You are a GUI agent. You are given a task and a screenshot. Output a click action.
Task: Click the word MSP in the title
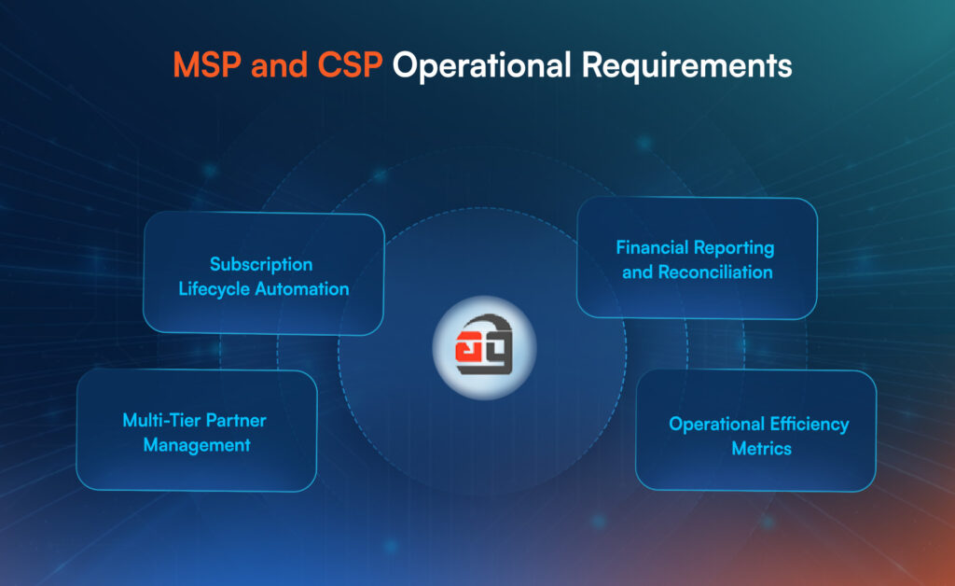pos(207,64)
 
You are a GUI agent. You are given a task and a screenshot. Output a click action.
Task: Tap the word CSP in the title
pos(350,64)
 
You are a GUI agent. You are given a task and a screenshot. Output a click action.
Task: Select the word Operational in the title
pos(482,66)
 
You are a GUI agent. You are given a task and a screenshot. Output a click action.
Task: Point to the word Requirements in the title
pos(687,66)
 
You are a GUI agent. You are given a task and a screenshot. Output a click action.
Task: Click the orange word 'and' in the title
pos(279,64)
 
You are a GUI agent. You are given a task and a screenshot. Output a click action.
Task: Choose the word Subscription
pos(261,264)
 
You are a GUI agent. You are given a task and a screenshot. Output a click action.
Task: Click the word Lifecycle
pos(214,289)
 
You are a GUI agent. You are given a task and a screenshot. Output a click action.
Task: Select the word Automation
pos(302,288)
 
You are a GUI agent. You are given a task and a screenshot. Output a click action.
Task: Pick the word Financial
pos(652,247)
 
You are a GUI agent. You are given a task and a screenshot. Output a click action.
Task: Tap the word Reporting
pos(734,248)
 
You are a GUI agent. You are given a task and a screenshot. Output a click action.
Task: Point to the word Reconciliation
pos(715,272)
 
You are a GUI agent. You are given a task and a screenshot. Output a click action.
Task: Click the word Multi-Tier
pos(160,420)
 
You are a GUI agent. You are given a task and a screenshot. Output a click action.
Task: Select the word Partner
pos(236,420)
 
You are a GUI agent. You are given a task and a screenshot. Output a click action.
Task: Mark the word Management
pos(197,445)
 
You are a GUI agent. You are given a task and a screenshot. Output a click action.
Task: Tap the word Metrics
pos(761,449)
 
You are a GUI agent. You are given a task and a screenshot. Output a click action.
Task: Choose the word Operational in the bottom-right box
pos(716,425)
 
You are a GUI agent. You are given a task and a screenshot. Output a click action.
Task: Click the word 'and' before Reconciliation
pos(637,272)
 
